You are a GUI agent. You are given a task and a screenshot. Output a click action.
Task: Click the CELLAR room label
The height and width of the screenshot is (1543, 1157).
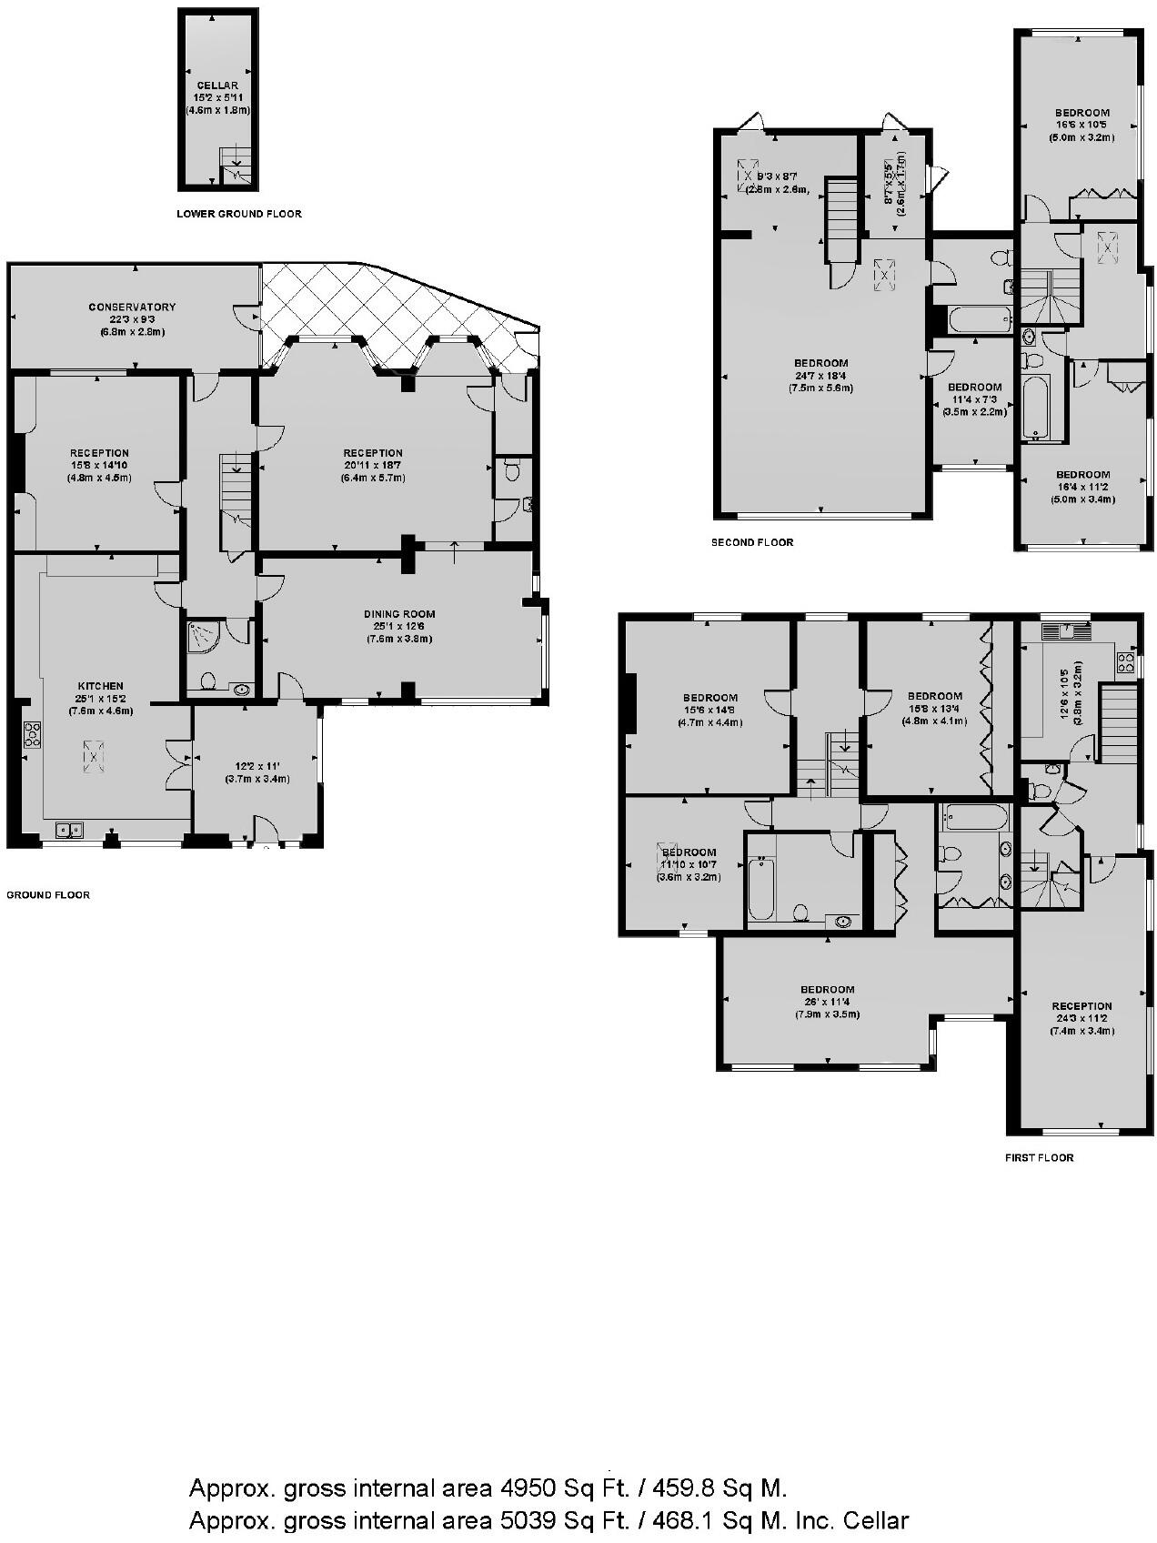216,86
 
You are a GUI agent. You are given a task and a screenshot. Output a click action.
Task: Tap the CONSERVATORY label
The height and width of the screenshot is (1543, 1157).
132,308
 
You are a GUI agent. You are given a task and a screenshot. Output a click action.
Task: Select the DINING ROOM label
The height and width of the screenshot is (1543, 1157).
399,614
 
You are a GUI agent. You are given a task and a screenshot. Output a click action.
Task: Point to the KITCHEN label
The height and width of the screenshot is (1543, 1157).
100,686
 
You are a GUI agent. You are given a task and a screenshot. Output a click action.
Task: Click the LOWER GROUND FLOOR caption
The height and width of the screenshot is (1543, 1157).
238,214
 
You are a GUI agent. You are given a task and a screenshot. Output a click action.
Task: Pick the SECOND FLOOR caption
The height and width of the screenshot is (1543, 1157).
751,542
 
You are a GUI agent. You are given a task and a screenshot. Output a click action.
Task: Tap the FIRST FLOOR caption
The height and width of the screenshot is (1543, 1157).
1039,1158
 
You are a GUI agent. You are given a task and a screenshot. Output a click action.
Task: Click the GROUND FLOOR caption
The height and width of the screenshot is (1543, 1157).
48,895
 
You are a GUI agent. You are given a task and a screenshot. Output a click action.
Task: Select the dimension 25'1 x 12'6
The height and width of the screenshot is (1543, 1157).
399,626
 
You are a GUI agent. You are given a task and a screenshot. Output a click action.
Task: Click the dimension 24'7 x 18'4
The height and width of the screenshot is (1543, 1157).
820,376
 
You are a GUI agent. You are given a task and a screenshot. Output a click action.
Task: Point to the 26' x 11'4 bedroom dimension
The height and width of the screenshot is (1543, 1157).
827,1002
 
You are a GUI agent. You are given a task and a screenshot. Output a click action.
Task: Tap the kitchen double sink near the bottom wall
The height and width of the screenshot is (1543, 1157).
69,829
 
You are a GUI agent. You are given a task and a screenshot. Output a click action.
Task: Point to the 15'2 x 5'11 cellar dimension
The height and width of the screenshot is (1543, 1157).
216,97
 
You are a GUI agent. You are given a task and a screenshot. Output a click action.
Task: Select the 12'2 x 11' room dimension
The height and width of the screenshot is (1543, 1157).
257,767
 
